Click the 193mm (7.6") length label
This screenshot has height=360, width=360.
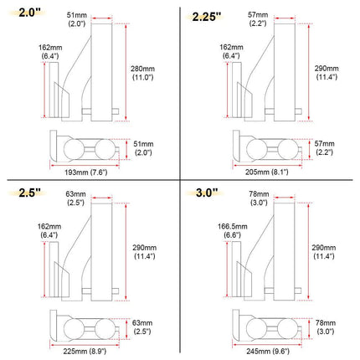pyautogui.click(x=85, y=172)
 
